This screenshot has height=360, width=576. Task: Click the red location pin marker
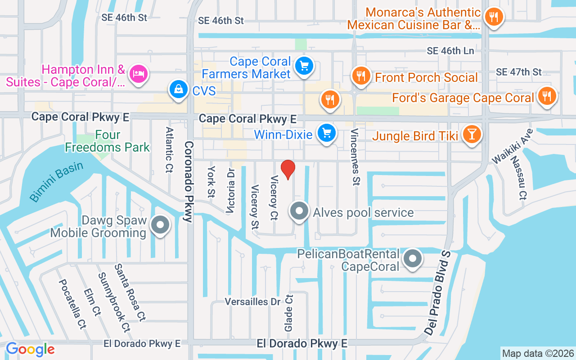[288, 169]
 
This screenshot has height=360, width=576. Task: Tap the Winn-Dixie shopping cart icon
[327, 134]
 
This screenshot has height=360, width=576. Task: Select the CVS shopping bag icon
[179, 90]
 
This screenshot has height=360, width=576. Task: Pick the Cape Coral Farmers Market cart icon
[304, 67]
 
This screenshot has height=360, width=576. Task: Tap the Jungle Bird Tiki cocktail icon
[472, 134]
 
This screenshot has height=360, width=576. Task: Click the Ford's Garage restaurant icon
[547, 96]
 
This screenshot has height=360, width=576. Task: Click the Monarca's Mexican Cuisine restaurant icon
[494, 18]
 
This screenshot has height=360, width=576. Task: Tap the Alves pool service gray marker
[300, 211]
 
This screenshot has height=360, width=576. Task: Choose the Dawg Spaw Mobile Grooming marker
[160, 225]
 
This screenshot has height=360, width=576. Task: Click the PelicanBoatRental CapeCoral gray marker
[412, 259]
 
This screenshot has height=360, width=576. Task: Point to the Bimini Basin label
[57, 181]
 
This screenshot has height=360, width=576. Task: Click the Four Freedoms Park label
[108, 141]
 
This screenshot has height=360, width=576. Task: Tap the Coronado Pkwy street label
[189, 181]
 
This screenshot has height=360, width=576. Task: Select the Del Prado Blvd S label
[437, 292]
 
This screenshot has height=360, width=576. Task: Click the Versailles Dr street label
[252, 301]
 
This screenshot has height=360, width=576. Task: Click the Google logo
[30, 349]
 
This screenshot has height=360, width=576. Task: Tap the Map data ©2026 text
[538, 353]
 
